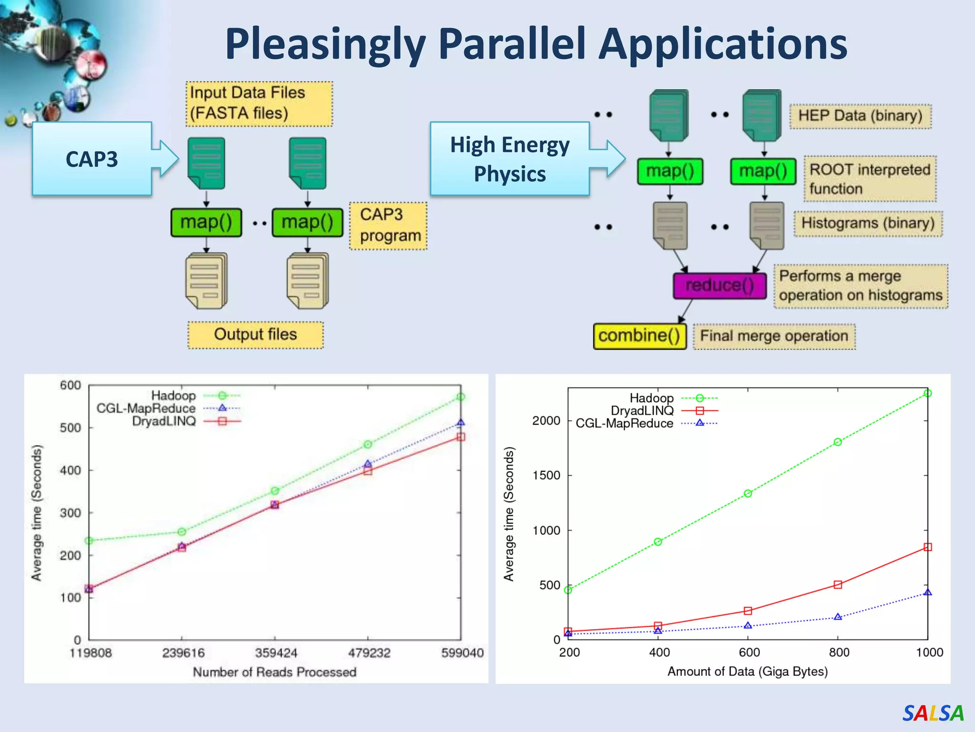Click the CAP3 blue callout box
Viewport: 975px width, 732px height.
click(92, 159)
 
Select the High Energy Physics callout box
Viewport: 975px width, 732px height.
click(509, 159)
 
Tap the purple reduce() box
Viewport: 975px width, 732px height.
click(719, 285)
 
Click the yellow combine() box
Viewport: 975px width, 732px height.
click(639, 336)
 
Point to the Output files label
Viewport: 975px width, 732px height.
click(255, 335)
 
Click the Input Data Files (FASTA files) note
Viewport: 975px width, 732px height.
click(259, 103)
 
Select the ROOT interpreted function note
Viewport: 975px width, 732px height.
click(869, 179)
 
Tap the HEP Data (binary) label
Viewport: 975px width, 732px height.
click(860, 116)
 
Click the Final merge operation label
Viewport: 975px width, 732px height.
click(774, 336)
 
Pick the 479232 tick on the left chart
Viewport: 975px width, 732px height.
click(368, 652)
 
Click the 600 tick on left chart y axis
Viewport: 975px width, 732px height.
click(70, 385)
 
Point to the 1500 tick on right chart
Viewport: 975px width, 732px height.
click(546, 475)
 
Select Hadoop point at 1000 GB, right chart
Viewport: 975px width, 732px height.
click(927, 393)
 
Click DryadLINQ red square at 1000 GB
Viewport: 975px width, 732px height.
click(927, 547)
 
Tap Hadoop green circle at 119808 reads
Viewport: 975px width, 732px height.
click(89, 540)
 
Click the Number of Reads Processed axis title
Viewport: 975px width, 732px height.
click(274, 672)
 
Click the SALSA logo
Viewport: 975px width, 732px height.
click(933, 713)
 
